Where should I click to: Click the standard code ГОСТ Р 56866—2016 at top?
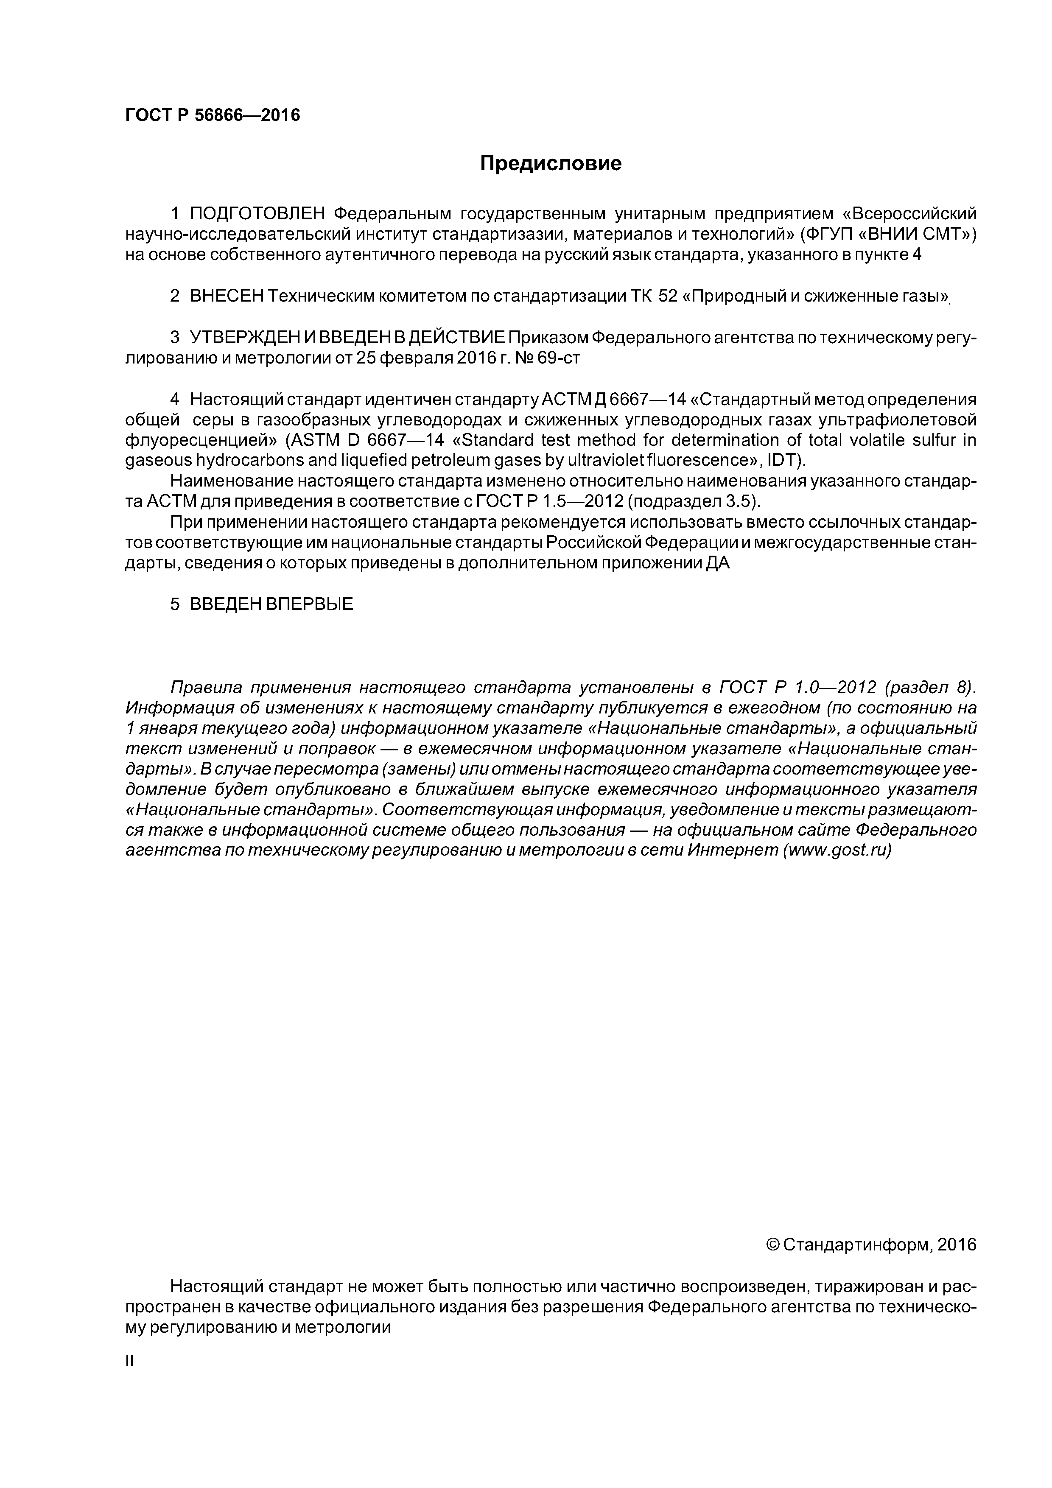tap(213, 115)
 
